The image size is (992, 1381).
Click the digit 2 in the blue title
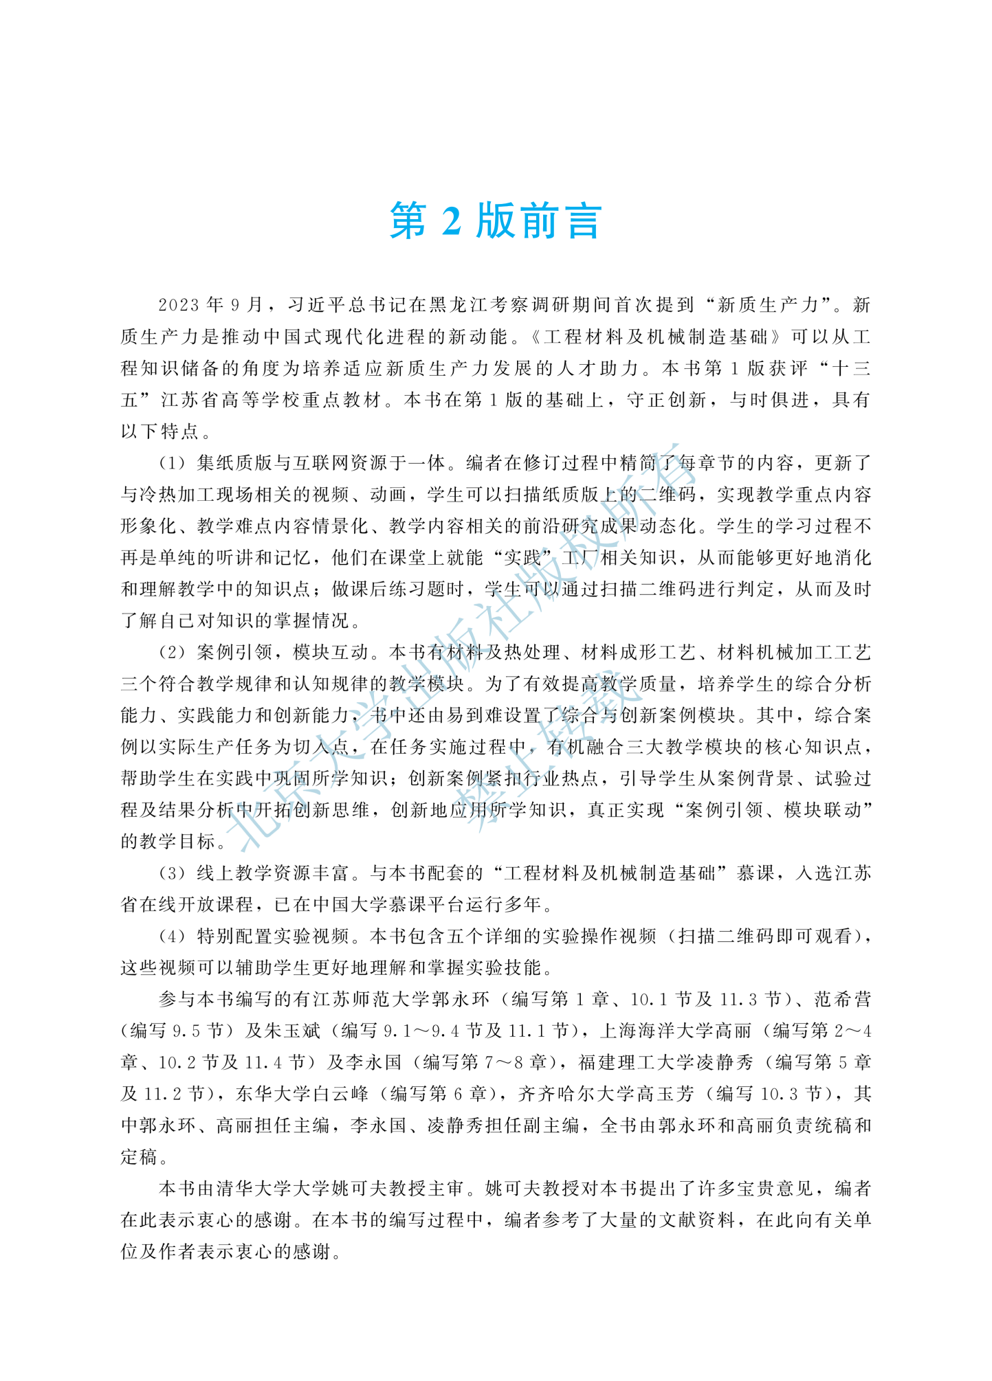[451, 221]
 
